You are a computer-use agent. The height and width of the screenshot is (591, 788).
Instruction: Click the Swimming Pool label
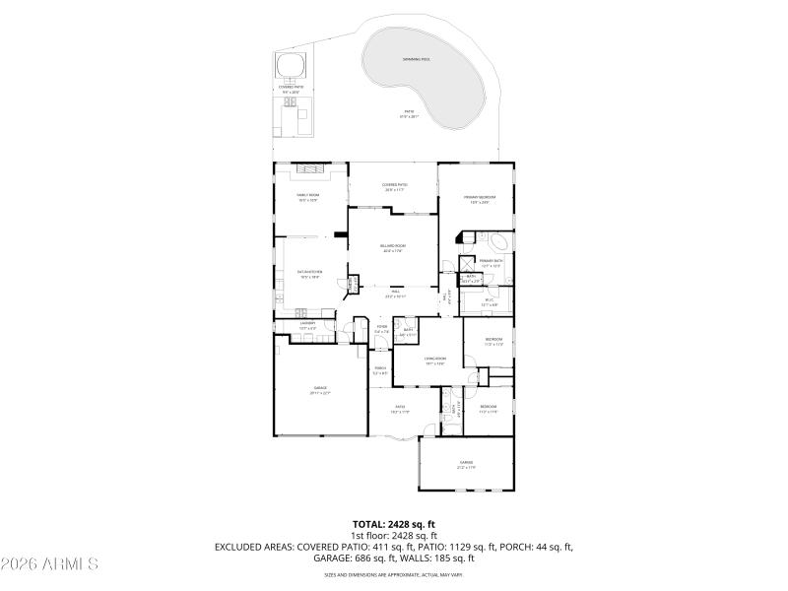click(417, 60)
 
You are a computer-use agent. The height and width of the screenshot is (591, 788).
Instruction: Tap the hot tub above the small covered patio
click(292, 67)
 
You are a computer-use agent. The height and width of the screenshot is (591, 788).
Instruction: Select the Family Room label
click(309, 196)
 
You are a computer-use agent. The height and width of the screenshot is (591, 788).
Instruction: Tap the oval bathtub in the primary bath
click(496, 241)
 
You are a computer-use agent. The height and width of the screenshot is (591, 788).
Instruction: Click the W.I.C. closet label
click(490, 303)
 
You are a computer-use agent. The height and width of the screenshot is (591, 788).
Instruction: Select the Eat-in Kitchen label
click(311, 275)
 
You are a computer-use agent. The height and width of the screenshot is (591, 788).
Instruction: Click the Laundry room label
click(307, 324)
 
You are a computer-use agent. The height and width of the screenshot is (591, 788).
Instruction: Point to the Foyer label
click(381, 330)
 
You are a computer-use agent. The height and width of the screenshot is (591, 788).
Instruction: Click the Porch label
click(380, 370)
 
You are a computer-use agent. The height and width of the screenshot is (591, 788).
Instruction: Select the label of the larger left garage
click(320, 390)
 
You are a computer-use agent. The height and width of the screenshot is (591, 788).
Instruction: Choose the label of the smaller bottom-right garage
click(466, 463)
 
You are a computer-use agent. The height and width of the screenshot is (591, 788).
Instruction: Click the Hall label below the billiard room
click(394, 293)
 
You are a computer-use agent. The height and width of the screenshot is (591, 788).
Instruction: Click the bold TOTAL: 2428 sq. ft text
click(394, 524)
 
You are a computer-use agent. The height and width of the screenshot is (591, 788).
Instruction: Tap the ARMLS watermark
click(49, 564)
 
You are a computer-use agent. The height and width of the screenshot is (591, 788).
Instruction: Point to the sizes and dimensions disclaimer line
click(394, 573)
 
